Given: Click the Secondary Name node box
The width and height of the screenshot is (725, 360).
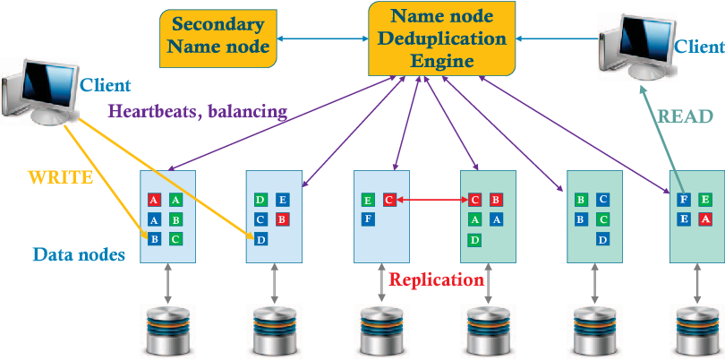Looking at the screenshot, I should click(x=217, y=38).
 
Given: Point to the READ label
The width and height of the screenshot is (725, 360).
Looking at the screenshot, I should click(x=685, y=116).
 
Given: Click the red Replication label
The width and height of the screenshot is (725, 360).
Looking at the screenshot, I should click(x=436, y=279).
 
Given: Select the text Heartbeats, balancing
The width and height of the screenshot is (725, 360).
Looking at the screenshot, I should click(x=198, y=112).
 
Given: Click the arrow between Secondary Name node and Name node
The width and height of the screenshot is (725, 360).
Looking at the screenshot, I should click(x=322, y=39).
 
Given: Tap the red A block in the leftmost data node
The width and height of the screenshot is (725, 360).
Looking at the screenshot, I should click(x=155, y=201).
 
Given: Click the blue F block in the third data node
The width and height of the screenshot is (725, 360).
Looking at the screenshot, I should click(x=368, y=219).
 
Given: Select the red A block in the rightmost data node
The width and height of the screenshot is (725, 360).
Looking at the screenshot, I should click(x=705, y=219).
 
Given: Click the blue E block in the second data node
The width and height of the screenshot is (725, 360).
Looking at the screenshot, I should click(x=282, y=201).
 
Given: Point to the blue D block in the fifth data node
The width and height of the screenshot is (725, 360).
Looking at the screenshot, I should click(x=602, y=239).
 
